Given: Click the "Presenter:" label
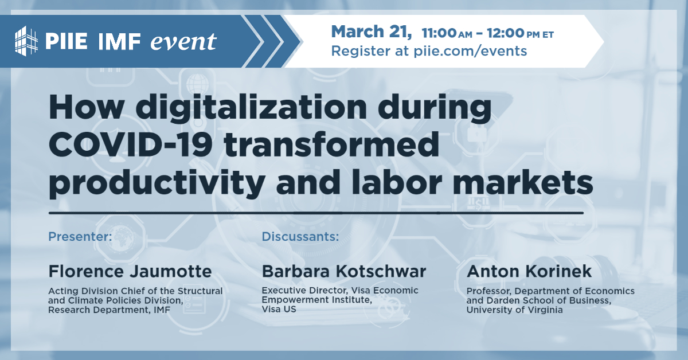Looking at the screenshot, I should click(x=80, y=236).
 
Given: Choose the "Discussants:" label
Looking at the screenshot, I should click(x=300, y=236).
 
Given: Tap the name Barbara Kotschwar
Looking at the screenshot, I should click(x=344, y=271).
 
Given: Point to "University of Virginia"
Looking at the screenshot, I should click(x=515, y=310).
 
